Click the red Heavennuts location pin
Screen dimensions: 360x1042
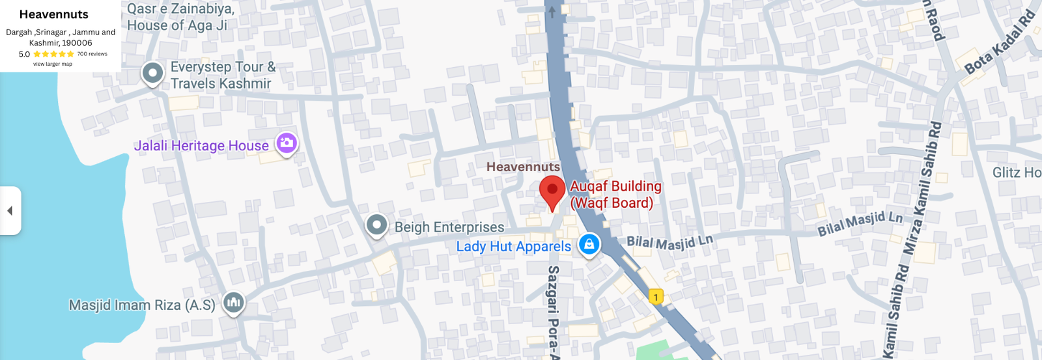point(552,191)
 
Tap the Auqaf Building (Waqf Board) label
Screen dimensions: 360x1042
point(615,195)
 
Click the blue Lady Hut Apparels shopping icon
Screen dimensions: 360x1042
point(589,244)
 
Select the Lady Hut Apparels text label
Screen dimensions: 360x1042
point(513,247)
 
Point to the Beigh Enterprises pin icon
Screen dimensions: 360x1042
point(376,225)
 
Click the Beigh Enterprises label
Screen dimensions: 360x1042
point(449,227)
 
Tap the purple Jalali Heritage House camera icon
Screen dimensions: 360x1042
point(287,143)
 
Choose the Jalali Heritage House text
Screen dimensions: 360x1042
point(201,146)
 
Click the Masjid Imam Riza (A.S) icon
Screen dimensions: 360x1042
point(233,302)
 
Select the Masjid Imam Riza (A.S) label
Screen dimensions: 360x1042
point(142,305)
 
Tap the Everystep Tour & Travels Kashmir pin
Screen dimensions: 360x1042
point(152,73)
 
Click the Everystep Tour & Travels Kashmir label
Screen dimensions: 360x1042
point(222,75)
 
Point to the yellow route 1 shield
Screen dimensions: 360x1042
point(656,297)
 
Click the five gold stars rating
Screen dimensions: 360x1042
point(53,54)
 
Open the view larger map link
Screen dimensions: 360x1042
point(53,64)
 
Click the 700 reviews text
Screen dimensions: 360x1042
point(92,54)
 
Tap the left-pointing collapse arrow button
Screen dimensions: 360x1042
point(10,210)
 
